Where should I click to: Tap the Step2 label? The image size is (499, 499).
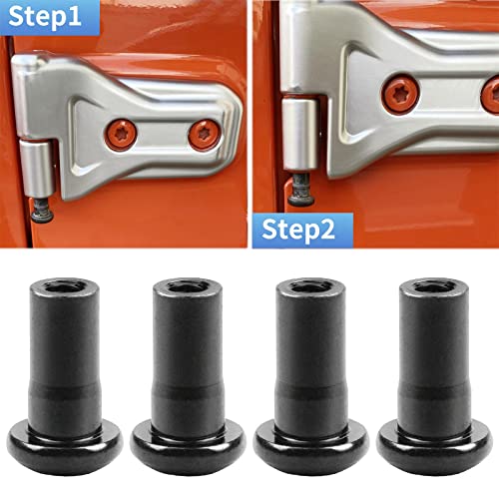click(x=298, y=230)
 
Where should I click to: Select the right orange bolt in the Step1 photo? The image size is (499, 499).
click(x=204, y=131)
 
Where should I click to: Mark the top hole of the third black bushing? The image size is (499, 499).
click(x=309, y=285)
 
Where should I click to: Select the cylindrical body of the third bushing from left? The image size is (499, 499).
click(x=309, y=359)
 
